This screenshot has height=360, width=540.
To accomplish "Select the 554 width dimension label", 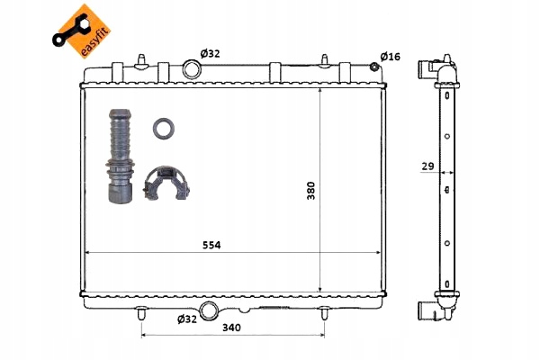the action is (211, 245).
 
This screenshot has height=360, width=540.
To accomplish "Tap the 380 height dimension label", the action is (311, 191).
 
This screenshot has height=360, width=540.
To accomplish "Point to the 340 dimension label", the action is (231, 328).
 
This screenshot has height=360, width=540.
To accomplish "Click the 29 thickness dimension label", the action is (427, 166).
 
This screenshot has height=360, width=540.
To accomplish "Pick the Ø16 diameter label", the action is (391, 56).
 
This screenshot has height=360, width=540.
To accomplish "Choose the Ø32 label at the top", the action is (210, 54).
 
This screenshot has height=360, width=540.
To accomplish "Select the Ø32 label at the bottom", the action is (187, 319).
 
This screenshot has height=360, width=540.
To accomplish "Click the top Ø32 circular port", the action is (192, 69).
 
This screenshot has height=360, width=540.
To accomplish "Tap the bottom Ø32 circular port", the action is (209, 310).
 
